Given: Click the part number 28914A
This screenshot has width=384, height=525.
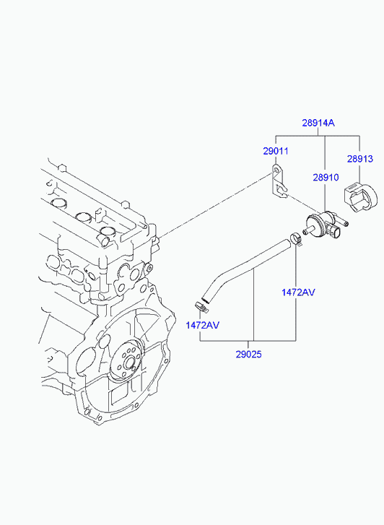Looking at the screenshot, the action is [x=318, y=123].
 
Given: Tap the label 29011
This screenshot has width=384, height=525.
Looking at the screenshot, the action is [x=276, y=151].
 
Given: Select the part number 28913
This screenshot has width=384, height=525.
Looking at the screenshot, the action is [x=360, y=159].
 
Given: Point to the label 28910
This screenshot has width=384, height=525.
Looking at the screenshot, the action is [x=326, y=177].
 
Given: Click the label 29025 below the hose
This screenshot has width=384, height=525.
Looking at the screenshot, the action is [x=248, y=355].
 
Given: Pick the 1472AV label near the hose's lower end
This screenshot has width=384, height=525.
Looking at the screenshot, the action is [x=203, y=325].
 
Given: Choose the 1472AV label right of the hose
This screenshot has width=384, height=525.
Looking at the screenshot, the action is [x=298, y=292].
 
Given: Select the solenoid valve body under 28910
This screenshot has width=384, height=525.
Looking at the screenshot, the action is [x=318, y=225].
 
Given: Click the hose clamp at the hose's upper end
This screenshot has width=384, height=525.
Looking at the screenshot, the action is [x=296, y=239].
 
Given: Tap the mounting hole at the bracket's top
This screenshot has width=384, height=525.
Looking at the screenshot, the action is [x=276, y=170].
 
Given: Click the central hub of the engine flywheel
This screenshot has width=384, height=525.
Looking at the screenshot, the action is [x=130, y=363].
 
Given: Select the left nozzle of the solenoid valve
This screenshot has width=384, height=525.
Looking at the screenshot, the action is [x=308, y=230].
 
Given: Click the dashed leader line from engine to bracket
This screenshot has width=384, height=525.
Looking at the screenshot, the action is [x=216, y=205].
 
